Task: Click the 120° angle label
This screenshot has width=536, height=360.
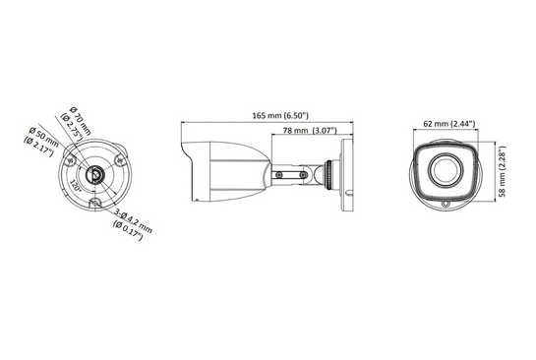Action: click(x=75, y=184)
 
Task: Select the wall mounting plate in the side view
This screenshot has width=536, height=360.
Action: click(x=346, y=175)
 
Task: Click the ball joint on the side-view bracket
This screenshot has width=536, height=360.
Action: click(x=317, y=175)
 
